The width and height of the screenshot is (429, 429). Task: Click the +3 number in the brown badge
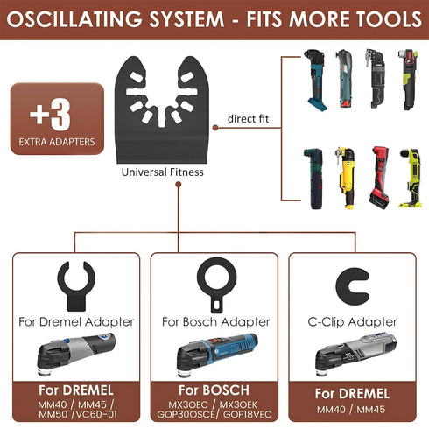point(50,115)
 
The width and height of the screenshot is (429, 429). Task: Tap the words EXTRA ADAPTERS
point(57,142)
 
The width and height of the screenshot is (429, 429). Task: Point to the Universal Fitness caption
point(163,172)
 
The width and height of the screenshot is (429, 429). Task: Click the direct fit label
point(248,119)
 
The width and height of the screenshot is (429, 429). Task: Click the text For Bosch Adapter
point(215,322)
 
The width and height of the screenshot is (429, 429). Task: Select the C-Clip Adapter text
point(352,322)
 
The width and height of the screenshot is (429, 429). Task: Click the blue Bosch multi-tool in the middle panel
point(217,354)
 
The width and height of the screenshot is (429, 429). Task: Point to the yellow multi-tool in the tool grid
point(346,178)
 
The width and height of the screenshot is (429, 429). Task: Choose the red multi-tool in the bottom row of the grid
point(379,178)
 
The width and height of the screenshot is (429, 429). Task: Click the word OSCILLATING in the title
point(74,19)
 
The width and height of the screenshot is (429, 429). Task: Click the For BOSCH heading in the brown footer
point(214,390)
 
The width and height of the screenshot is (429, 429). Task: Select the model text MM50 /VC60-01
point(78,414)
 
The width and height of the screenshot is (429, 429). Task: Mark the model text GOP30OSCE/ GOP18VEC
point(214,414)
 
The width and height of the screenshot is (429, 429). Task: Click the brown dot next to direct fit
point(215,128)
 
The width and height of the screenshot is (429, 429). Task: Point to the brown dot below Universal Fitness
point(179,184)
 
